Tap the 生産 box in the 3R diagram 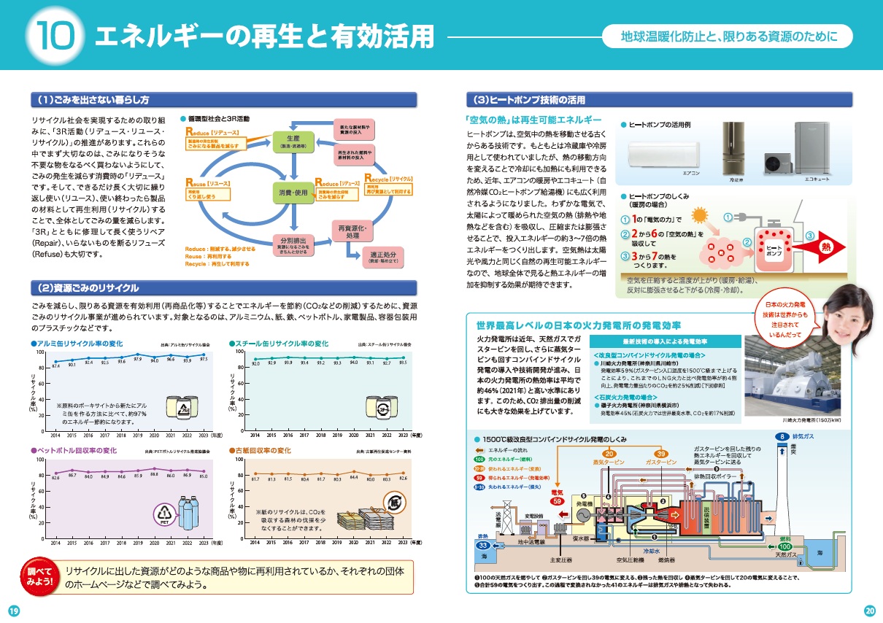tap(294, 142)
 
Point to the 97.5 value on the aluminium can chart tap(203, 358)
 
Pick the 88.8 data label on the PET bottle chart tap(154, 474)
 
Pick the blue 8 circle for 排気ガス tap(779, 436)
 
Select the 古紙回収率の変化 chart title tap(263, 451)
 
